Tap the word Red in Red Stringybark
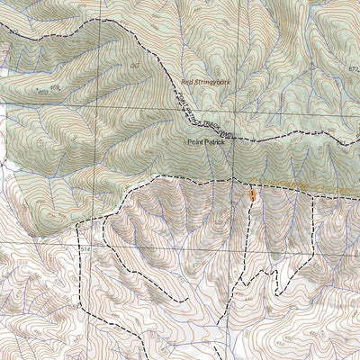(189, 80)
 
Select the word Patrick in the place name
(213, 142)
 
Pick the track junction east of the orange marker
(311, 193)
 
